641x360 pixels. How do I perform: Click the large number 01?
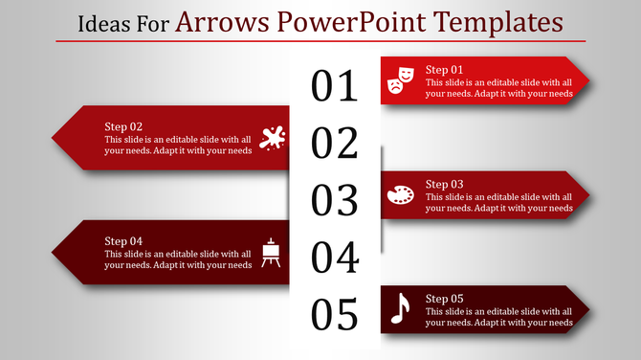click(x=334, y=86)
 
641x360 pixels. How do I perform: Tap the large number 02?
click(x=334, y=144)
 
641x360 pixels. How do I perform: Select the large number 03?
click(x=334, y=200)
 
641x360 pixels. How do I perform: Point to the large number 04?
click(x=334, y=258)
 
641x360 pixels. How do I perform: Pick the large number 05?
click(x=334, y=314)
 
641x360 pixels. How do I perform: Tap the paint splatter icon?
click(x=272, y=138)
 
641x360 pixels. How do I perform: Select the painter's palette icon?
click(x=400, y=194)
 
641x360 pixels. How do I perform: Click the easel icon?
click(x=272, y=252)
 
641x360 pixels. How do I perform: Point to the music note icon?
click(x=400, y=308)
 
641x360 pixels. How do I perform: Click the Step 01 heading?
click(x=444, y=70)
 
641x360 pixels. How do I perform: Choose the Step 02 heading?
click(x=123, y=126)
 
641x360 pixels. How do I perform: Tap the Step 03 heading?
click(x=444, y=184)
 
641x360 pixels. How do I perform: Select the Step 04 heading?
click(x=123, y=240)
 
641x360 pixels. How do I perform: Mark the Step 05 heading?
click(x=444, y=298)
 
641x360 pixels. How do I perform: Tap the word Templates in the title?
click(x=493, y=20)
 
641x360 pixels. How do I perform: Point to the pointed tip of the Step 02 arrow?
click(x=53, y=138)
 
